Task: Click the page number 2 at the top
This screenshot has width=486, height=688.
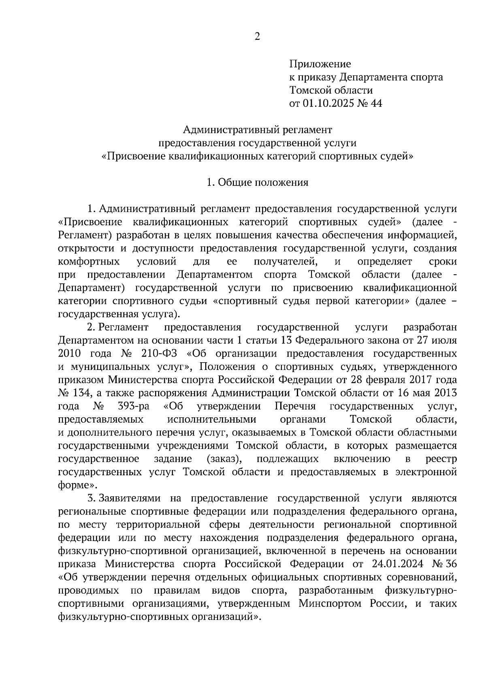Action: tap(257, 37)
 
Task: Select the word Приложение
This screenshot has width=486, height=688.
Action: tap(320, 64)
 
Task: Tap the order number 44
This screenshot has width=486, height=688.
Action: tap(376, 103)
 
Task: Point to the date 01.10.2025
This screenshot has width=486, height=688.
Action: tap(328, 103)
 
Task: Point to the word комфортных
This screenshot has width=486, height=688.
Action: tap(89, 261)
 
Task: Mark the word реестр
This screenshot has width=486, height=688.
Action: tap(441, 459)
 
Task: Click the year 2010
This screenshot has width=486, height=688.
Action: tap(70, 353)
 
